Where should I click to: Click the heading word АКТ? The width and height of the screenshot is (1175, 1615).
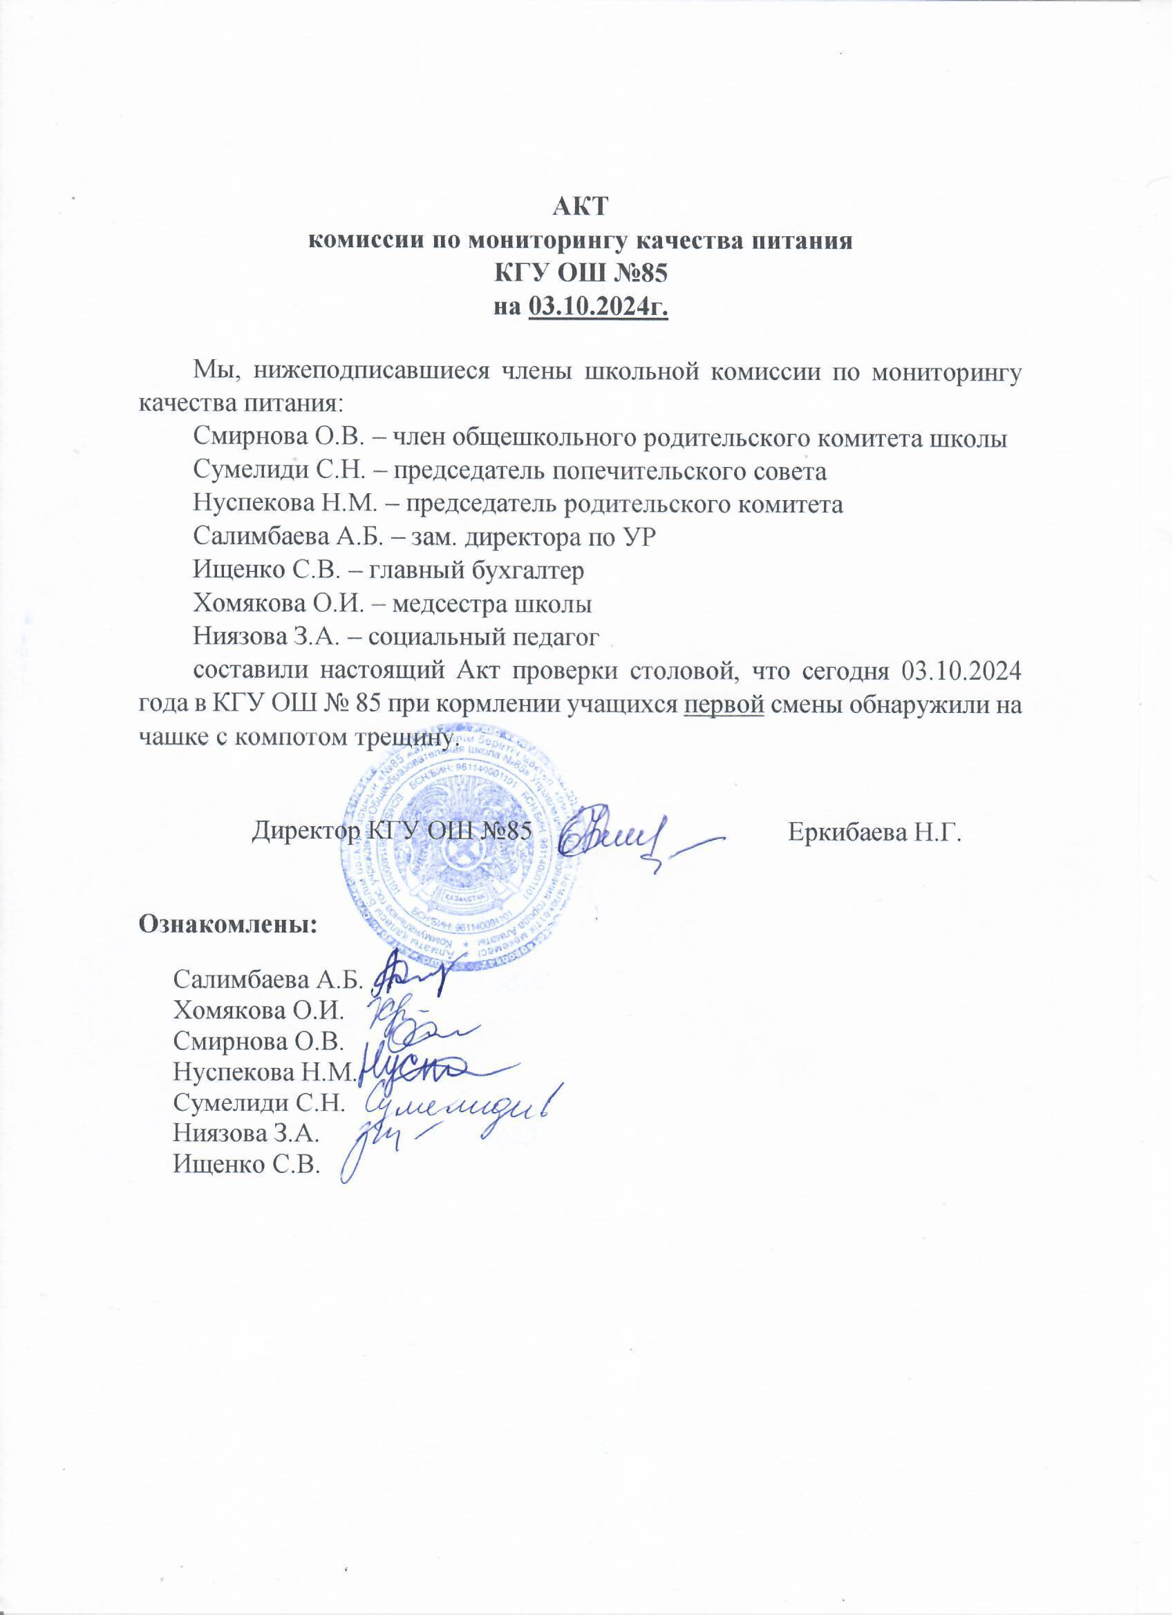click(581, 207)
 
